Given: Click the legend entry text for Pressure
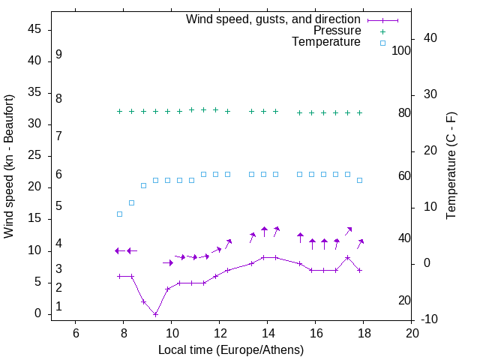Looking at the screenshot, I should coord(337,31).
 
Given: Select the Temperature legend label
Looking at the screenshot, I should coord(326,42).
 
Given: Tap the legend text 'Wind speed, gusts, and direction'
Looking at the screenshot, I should coord(274,19).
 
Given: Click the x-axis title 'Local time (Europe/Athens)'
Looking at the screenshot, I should coord(231,350).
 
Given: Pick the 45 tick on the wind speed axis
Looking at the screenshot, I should coord(34,29).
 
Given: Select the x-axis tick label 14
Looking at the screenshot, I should coord(267,332).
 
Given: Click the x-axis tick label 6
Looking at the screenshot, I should coord(75,332).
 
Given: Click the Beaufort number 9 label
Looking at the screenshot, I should coord(58,55).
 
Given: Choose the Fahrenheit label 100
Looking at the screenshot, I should coord(402,51).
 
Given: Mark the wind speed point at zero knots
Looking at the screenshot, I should coord(155,313).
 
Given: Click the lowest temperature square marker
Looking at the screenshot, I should coord(119,214).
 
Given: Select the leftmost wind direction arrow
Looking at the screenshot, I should coord(119,250).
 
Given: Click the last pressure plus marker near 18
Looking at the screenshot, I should coord(359,112).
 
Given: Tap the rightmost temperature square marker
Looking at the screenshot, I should coord(359,180).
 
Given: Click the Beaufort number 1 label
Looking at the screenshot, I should coord(58,307).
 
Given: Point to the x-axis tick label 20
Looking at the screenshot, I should coord(411,332).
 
